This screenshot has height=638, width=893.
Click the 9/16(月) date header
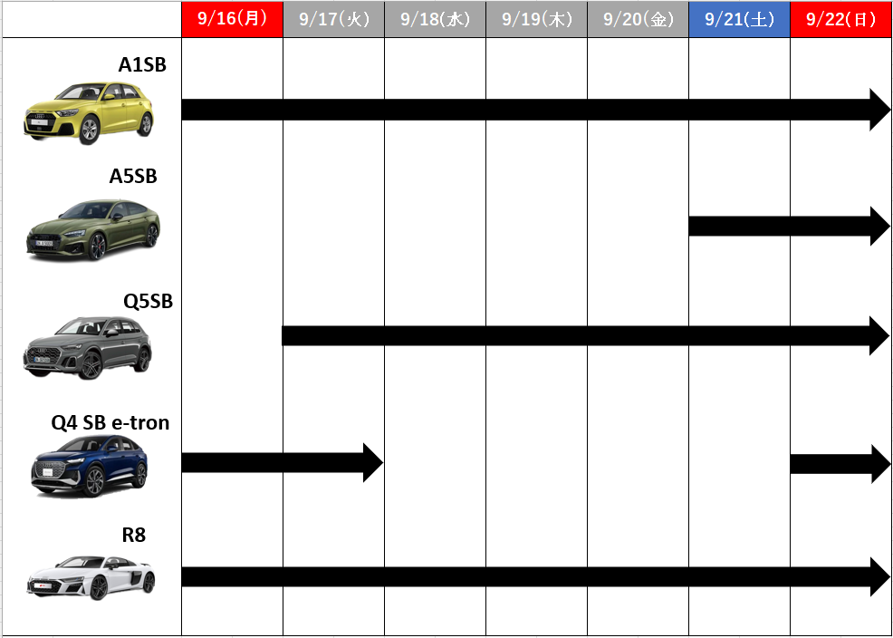click(233, 19)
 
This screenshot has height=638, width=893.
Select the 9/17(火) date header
click(333, 19)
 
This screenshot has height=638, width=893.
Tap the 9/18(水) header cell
click(435, 19)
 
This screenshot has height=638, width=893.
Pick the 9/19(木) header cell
click(536, 19)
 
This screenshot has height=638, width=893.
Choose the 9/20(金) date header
click(638, 19)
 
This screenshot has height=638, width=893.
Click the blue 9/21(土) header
click(739, 19)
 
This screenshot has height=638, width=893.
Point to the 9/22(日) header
click(840, 19)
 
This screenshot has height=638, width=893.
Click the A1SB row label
click(142, 65)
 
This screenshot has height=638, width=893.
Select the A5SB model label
click(133, 177)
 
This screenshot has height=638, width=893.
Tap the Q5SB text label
click(148, 301)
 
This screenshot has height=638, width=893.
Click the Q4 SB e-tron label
click(110, 422)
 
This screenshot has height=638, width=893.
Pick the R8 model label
click(134, 535)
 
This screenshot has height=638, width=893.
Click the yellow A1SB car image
click(89, 112)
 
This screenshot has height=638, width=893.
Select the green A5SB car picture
click(93, 230)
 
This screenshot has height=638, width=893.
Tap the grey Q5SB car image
click(88, 348)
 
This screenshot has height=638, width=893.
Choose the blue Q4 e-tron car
click(90, 466)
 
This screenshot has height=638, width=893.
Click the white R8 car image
click(91, 577)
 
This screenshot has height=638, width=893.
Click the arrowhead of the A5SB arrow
click(880, 227)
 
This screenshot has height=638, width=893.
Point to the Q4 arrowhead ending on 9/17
click(373, 462)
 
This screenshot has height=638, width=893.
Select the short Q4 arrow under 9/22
click(840, 464)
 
